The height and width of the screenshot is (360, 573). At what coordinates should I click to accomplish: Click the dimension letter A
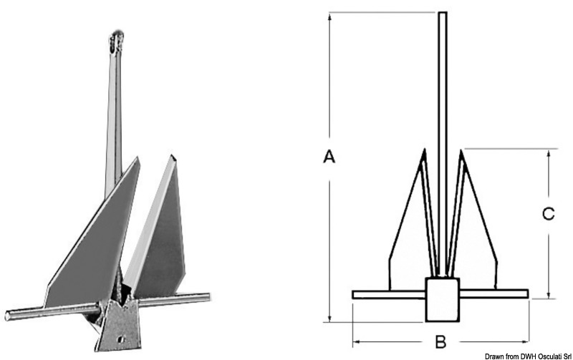click(329, 157)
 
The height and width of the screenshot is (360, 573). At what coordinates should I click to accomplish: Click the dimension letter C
click(547, 214)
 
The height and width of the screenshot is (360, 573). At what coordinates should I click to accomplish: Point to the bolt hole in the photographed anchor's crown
click(119, 334)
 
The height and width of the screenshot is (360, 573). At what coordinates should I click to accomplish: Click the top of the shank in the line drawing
click(443, 14)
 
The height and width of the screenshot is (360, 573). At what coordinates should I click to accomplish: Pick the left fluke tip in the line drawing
click(424, 152)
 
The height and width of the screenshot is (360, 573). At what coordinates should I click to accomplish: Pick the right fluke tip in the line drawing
click(461, 152)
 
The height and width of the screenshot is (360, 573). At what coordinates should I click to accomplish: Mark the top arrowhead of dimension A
click(330, 16)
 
